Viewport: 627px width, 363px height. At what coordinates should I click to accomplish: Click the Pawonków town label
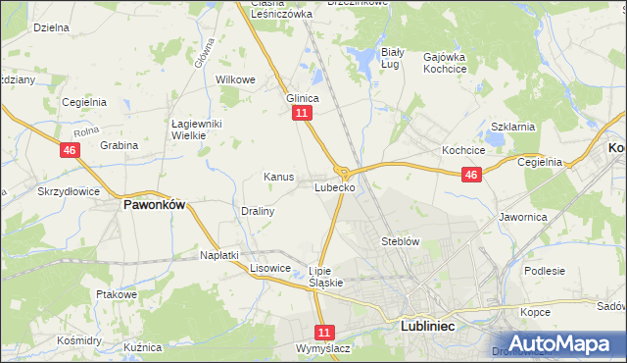[x=154, y=206]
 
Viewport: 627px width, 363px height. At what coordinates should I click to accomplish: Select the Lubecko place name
[x=334, y=186]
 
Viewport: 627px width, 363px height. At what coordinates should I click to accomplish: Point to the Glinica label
[x=302, y=98]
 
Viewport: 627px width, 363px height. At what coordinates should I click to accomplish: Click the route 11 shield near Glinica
[x=302, y=114]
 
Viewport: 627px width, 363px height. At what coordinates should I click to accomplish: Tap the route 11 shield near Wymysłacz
[x=325, y=333]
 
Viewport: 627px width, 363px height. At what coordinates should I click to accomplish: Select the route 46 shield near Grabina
[x=69, y=150]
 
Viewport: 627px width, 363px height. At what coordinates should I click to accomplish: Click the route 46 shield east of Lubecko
[x=471, y=175]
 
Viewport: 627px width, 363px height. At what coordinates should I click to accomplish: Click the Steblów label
[x=400, y=240]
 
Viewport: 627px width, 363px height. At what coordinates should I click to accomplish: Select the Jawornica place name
[x=521, y=216]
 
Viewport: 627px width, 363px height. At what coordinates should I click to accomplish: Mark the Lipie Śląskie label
[x=325, y=276]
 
